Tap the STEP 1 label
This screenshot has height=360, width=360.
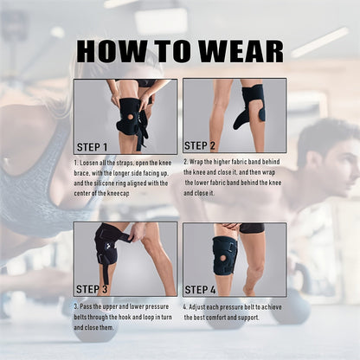coord(92,147)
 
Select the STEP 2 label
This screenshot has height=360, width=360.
coord(200,145)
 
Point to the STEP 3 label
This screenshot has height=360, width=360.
coord(92,289)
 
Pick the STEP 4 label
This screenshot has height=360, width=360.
coord(200,290)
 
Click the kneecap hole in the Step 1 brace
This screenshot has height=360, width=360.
coord(131,117)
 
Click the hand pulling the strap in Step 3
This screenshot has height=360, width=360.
coord(137,231)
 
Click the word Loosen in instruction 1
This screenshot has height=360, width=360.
coord(89,163)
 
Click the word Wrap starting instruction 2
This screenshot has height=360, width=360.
coord(196,162)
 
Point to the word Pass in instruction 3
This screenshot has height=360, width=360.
coord(86,306)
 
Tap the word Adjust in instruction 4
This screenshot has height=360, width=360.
coord(198,307)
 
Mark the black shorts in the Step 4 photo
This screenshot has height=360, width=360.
coord(251,228)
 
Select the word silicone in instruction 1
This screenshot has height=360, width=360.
coord(102,183)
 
